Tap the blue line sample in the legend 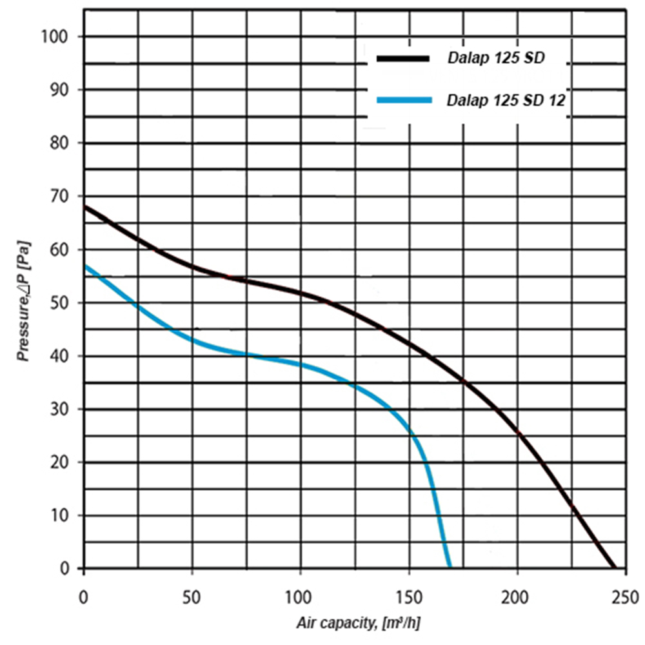(403, 99)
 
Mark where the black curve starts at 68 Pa (84, 207)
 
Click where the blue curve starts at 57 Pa (84, 265)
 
